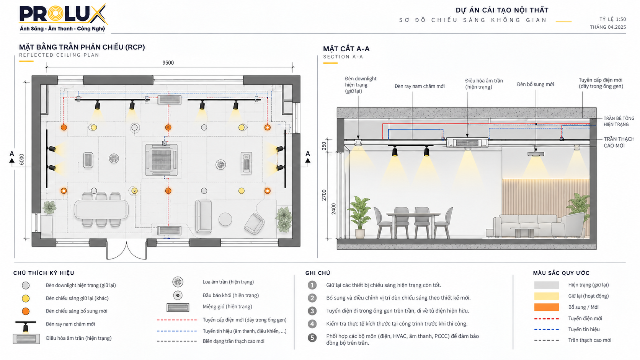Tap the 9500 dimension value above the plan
coord(168,62)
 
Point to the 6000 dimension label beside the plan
coord(22,159)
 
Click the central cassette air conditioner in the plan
coord(162,159)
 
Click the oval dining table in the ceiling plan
coord(101,209)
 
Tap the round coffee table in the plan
coord(225,219)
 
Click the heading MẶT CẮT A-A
coord(346,49)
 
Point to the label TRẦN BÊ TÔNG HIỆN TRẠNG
coord(619,121)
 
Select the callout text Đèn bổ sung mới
coord(536,84)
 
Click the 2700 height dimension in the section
coord(324,195)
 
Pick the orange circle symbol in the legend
coord(26,311)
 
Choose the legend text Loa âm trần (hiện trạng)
coord(228,282)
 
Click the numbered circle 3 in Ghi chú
coord(312,311)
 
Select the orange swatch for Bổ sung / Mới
coord(546,307)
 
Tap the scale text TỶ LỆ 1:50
coord(612,19)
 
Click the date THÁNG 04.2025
coord(608,27)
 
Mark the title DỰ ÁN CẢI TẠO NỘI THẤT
coord(502,10)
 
